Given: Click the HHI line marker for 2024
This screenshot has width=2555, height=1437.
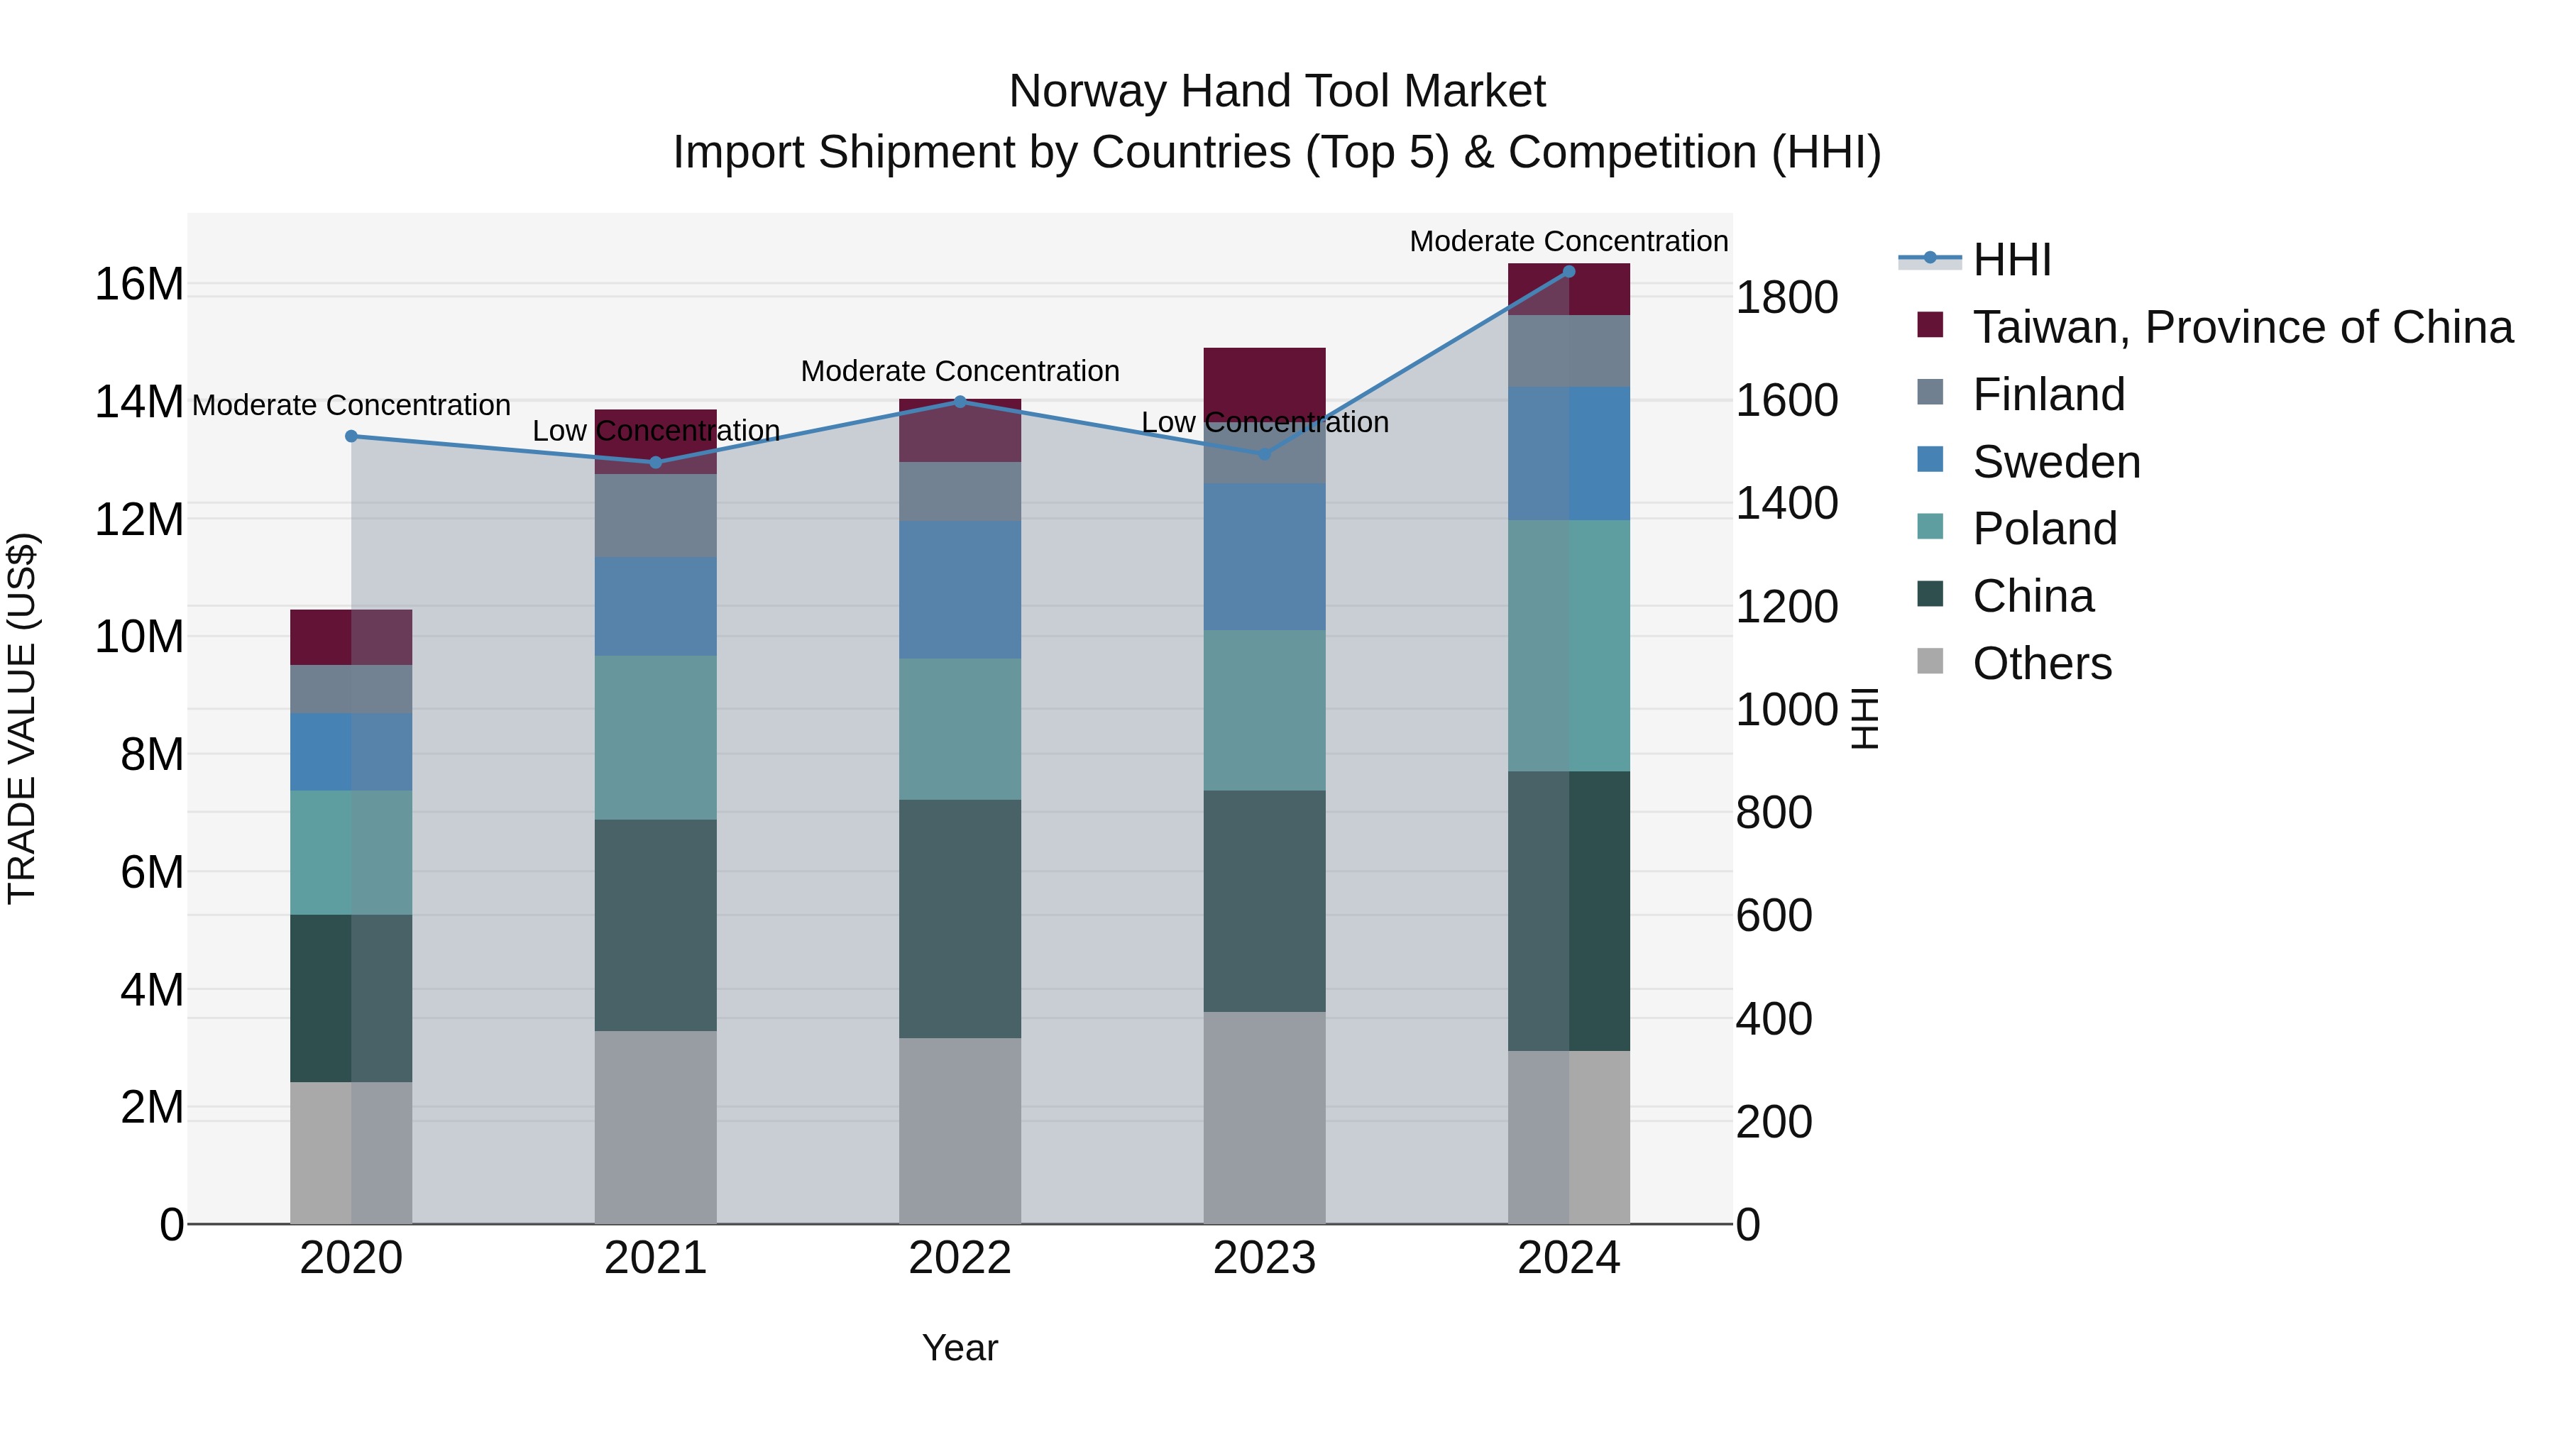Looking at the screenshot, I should pos(1568,272).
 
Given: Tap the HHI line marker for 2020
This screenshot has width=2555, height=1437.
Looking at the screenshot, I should pos(351,436).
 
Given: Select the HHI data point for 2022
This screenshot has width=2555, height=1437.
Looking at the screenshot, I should pos(959,402).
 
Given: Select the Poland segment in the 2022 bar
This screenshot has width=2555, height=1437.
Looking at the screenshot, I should pos(959,729).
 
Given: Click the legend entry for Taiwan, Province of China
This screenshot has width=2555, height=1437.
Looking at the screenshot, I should pos(2241,327).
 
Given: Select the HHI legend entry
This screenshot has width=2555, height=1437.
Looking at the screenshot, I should pos(2011,260).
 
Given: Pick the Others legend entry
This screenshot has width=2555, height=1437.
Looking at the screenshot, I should pos(2041,664).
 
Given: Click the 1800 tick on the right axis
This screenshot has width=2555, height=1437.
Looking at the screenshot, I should pos(1786,297).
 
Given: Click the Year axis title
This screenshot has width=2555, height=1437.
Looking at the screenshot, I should pos(959,1348).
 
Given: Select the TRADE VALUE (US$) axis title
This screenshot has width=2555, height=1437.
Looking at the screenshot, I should pos(22,718).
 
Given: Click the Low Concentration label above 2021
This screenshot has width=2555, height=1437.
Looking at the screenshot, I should pos(656,431).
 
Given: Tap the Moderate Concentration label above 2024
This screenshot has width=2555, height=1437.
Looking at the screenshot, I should pos(1568,241).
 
